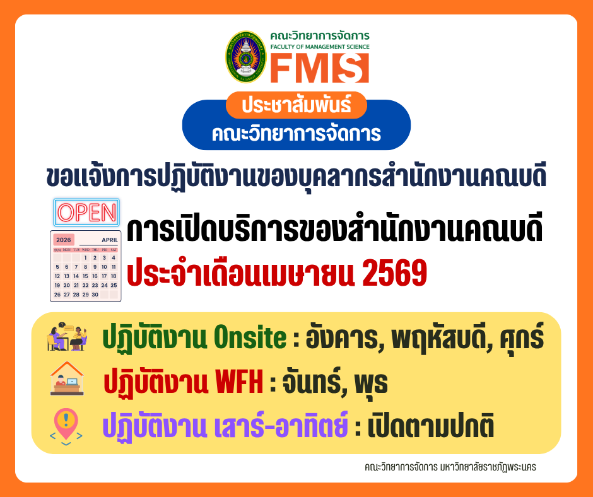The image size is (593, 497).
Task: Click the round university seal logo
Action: point(246,57)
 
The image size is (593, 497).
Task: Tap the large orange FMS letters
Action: point(319,68)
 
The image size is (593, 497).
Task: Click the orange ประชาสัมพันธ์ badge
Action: point(295,105)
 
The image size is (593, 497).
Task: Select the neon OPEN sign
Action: point(86,213)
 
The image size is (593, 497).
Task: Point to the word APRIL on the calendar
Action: point(109,240)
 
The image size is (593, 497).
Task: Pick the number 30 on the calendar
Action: point(95,295)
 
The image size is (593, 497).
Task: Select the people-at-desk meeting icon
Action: point(67,337)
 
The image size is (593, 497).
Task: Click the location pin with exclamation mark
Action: point(66,424)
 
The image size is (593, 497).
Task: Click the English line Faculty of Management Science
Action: point(319,47)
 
